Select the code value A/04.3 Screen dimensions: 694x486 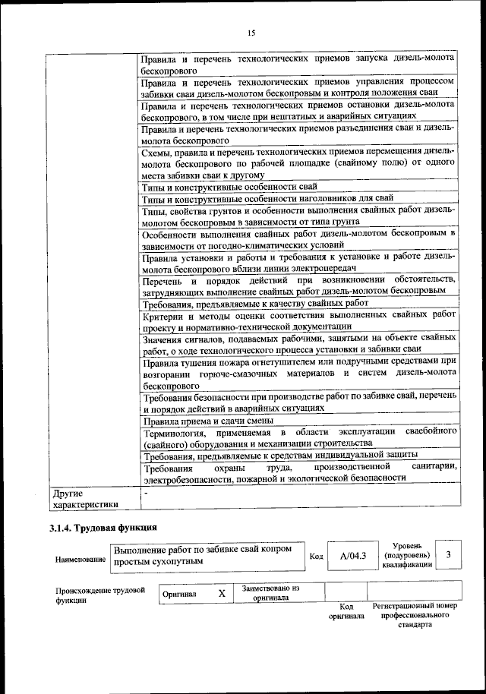click(x=353, y=557)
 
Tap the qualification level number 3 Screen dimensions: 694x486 click(x=449, y=555)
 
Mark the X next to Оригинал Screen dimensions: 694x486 click(x=222, y=594)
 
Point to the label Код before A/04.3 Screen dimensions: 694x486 click(x=317, y=557)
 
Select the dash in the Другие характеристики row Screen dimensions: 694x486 click(x=146, y=492)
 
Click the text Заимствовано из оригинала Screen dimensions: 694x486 click(x=271, y=593)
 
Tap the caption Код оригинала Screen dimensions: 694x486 click(x=346, y=611)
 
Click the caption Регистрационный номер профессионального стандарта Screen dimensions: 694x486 click(x=415, y=616)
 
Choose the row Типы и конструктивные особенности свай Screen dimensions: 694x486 click(x=229, y=187)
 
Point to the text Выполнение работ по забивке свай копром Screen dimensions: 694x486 click(x=202, y=549)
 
